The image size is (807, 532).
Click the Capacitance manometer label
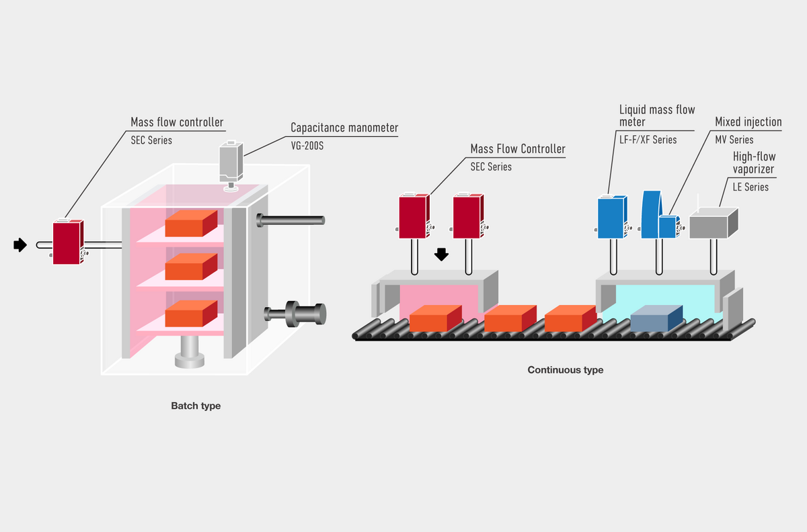(344, 127)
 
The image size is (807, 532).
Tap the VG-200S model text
(307, 144)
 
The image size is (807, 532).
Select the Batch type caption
(196, 406)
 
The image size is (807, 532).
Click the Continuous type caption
(565, 369)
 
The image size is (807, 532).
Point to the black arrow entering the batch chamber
(20, 245)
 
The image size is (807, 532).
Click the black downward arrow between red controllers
(441, 254)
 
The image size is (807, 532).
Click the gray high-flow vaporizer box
(714, 223)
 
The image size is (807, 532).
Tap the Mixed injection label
(748, 122)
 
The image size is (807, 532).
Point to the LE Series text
(751, 187)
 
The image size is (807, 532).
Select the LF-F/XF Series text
(648, 140)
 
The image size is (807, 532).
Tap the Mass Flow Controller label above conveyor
(518, 149)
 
